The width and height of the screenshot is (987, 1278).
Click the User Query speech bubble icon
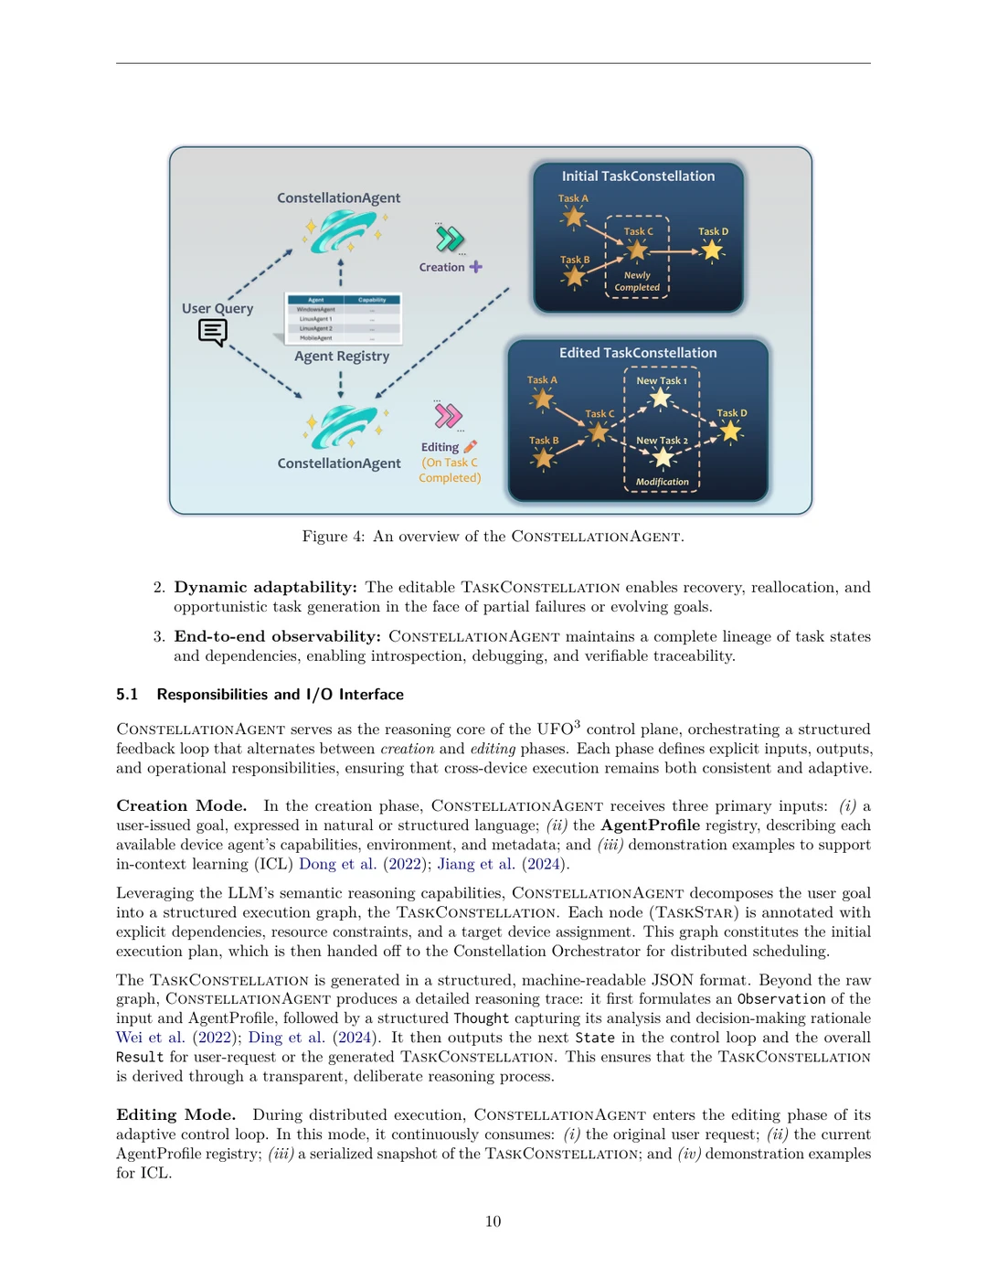pyautogui.click(x=212, y=332)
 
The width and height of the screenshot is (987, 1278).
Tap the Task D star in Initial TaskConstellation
pyautogui.click(x=712, y=250)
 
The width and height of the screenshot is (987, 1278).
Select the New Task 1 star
pyautogui.click(x=661, y=398)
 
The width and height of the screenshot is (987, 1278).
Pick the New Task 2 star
pyautogui.click(x=663, y=457)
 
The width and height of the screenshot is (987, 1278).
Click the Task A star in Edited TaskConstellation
pyautogui.click(x=543, y=399)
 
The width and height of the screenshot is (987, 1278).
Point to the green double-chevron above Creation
pyautogui.click(x=449, y=240)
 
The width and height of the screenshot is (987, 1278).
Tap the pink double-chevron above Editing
pyautogui.click(x=448, y=416)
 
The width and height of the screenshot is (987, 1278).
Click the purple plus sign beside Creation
pyautogui.click(x=475, y=267)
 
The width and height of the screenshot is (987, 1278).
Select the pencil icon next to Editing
pyautogui.click(x=471, y=447)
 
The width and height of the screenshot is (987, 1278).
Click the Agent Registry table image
pyautogui.click(x=344, y=319)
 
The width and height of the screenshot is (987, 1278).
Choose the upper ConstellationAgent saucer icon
pyautogui.click(x=343, y=230)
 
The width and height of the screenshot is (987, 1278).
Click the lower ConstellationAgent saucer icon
pyautogui.click(x=343, y=426)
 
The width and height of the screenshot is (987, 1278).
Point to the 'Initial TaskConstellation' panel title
pyautogui.click(x=638, y=176)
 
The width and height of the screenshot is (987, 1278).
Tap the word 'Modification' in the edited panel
pyautogui.click(x=663, y=482)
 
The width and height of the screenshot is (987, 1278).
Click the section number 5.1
pyautogui.click(x=127, y=695)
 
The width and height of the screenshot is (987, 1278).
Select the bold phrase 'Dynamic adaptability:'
pyautogui.click(x=265, y=587)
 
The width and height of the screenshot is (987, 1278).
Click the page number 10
pyautogui.click(x=493, y=1221)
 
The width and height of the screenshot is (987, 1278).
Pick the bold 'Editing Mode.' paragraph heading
pyautogui.click(x=175, y=1115)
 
